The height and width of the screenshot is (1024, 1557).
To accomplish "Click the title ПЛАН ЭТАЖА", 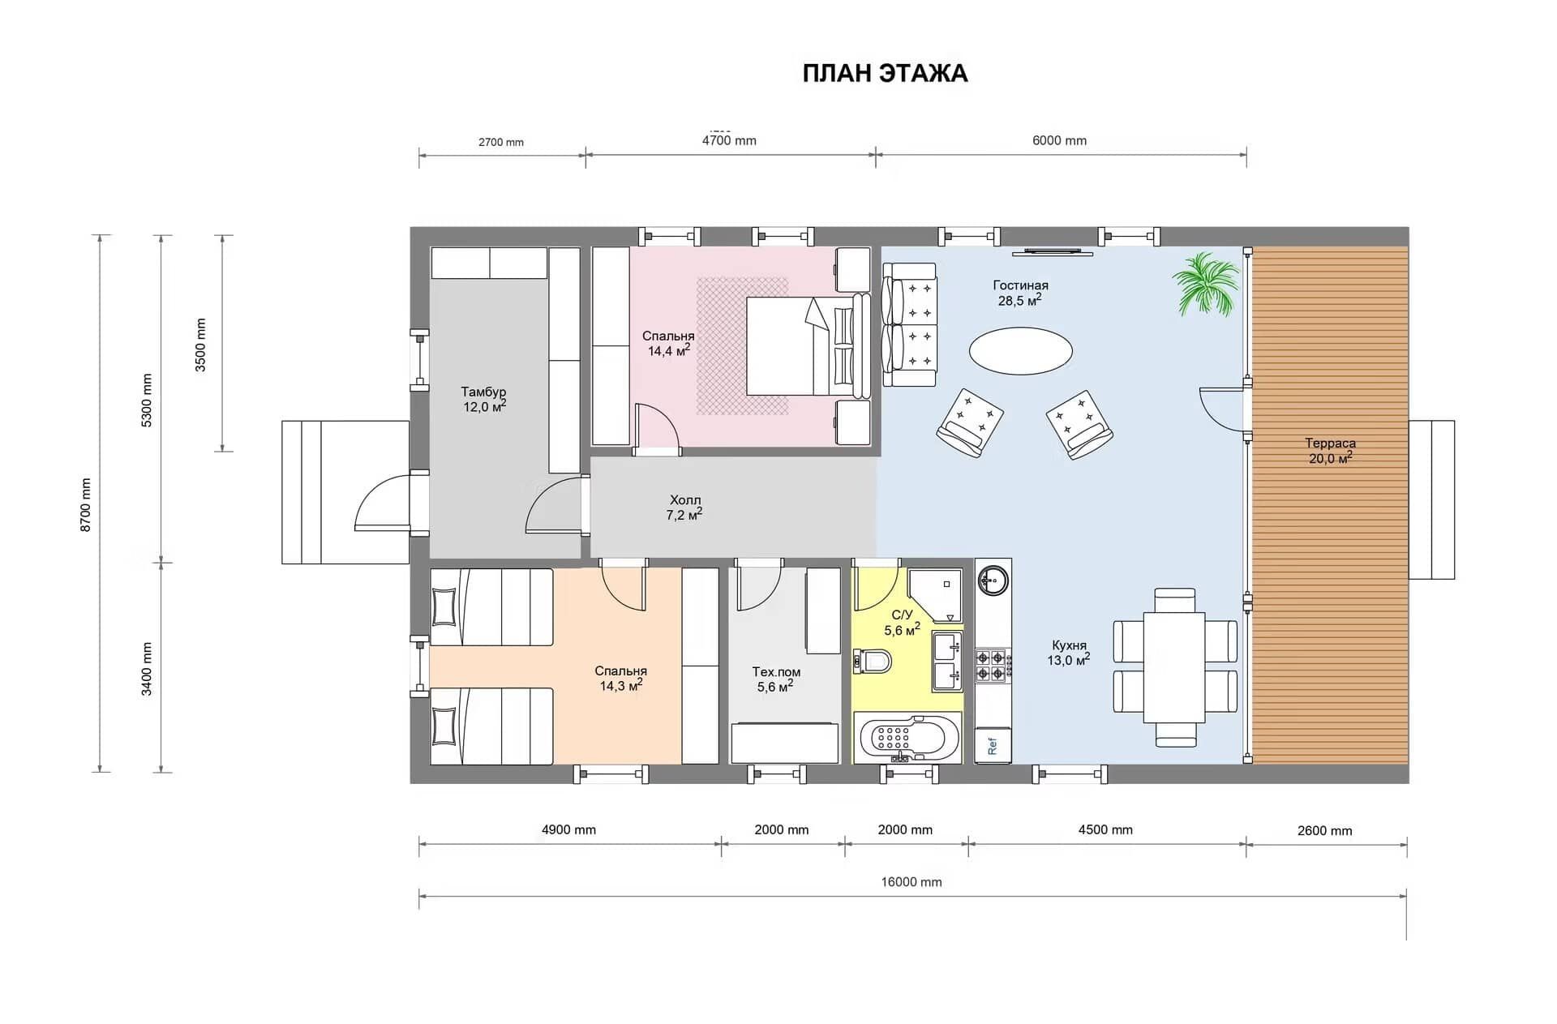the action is point(885,73).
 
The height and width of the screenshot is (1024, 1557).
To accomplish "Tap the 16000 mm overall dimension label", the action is point(911,882).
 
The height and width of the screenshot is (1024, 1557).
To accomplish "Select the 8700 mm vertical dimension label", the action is point(86,505).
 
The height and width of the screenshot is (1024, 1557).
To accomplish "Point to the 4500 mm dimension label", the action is point(1105,829).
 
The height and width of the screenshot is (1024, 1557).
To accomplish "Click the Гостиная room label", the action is point(1020,285).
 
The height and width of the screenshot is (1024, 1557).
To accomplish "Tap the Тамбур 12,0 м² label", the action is point(484,400).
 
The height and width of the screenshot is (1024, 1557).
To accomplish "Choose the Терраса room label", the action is point(1330,443).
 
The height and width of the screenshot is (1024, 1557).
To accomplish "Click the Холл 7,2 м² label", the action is point(685,508).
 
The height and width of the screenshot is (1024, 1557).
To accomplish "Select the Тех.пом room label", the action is point(776,672).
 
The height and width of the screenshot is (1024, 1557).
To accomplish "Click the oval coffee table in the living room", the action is point(1021,350).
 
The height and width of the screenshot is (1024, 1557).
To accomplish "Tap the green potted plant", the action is point(1207,284).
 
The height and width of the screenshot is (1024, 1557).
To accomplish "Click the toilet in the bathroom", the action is point(872,662).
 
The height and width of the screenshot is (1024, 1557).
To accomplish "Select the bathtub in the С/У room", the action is point(907,738).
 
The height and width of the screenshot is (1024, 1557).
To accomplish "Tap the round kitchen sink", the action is point(993,581).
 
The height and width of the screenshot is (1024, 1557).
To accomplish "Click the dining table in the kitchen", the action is point(1174,667).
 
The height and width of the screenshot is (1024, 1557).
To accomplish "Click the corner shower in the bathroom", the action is point(936,596).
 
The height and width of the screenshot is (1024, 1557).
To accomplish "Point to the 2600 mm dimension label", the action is point(1324,830).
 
